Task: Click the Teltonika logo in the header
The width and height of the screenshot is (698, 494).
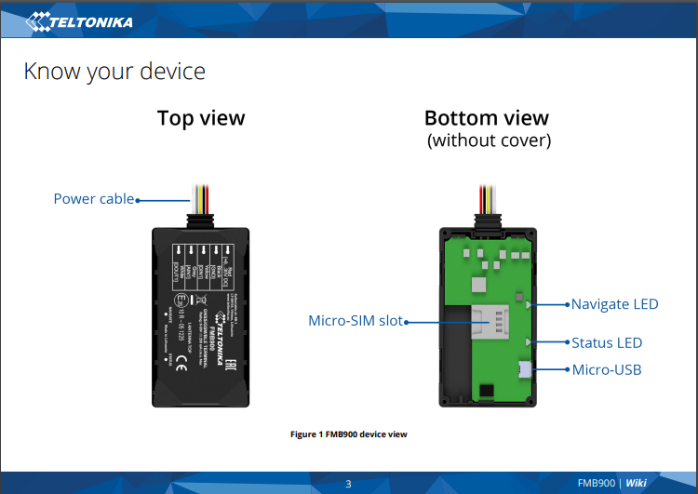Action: coord(79,19)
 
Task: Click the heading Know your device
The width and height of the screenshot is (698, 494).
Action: coord(114,72)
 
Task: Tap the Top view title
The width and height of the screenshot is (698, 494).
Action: coord(201,118)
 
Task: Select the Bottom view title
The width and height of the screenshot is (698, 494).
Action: coord(486,118)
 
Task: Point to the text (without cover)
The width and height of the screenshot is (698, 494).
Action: coord(489,141)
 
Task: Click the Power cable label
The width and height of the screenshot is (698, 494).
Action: coord(93,199)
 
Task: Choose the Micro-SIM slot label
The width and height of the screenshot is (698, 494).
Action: coord(355,321)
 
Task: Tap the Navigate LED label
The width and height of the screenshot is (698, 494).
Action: coord(614,304)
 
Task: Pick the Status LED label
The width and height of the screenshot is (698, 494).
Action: coord(607,342)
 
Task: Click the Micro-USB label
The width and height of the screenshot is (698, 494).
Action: coord(606,370)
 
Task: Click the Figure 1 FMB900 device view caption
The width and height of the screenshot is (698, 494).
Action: coord(349,434)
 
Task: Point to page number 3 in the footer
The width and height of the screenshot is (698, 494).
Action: coord(348,483)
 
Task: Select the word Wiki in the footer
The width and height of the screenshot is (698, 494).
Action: coord(636,483)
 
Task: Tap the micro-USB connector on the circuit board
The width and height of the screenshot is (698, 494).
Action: coord(527,370)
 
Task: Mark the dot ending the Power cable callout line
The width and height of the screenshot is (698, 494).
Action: coord(138,199)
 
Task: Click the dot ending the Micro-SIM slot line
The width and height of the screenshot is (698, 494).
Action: coord(407,321)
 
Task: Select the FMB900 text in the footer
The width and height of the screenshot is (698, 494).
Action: coord(596,483)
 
